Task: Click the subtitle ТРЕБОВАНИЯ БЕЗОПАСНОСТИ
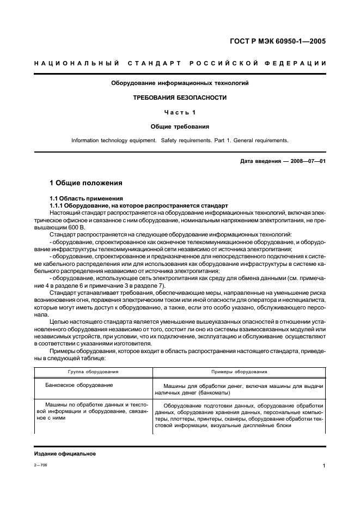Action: click(180, 98)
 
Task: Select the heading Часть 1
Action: click(180, 112)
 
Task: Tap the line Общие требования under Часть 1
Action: click(180, 126)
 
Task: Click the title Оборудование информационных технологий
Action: click(180, 83)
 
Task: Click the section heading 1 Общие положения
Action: click(86, 183)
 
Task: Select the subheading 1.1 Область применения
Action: click(86, 198)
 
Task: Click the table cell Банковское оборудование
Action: click(80, 385)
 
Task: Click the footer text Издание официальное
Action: click(65, 454)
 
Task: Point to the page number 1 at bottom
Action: click(324, 466)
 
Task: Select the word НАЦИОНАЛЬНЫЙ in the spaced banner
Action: click(76, 64)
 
